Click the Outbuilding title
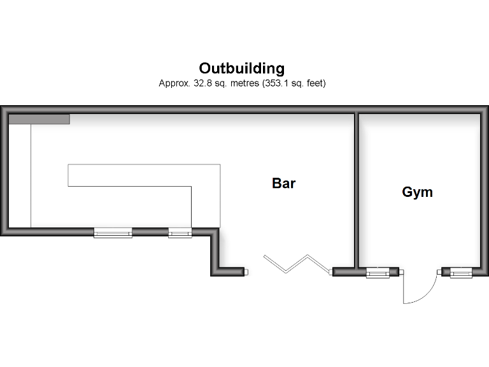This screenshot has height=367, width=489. click(x=242, y=68)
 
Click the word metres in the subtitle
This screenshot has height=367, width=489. click(x=237, y=83)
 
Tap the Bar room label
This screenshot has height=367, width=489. click(x=284, y=183)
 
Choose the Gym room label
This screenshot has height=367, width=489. click(x=417, y=192)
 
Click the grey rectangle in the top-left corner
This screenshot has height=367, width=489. click(x=39, y=119)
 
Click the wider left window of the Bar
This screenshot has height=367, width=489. click(x=113, y=233)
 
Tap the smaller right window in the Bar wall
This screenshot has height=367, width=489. click(x=180, y=233)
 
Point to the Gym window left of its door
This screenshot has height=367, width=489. click(x=377, y=273)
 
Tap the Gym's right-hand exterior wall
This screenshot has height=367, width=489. click(x=484, y=191)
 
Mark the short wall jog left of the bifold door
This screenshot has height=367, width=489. click(x=216, y=252)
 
